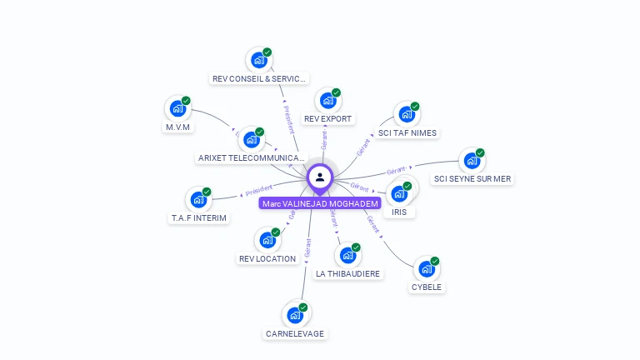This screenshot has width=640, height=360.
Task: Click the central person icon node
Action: (x=320, y=177)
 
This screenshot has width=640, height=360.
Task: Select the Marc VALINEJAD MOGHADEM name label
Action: (x=320, y=203)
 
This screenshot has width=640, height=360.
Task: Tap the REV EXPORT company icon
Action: (x=327, y=101)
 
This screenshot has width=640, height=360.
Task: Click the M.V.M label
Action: (x=177, y=127)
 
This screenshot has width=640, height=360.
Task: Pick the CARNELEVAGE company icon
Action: (x=295, y=315)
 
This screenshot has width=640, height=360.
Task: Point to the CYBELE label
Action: (x=427, y=287)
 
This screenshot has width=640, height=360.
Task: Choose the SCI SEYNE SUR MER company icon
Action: (x=472, y=160)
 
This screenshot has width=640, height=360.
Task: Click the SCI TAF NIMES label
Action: (x=407, y=133)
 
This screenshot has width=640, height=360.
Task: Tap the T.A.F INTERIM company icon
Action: (x=198, y=199)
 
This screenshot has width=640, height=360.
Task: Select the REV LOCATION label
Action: (x=267, y=259)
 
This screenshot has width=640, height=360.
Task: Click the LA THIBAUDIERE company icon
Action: (x=347, y=255)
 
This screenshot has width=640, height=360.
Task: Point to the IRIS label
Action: (x=399, y=212)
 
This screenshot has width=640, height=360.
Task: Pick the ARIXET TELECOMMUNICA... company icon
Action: (x=252, y=139)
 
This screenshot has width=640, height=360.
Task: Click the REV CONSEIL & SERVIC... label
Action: (x=260, y=79)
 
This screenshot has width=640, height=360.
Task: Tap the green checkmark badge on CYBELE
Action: (x=435, y=261)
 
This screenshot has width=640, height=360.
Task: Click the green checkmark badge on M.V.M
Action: (x=186, y=101)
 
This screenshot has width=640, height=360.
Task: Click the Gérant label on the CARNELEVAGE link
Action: (x=307, y=247)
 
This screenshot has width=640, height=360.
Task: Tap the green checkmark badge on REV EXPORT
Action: (x=336, y=92)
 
